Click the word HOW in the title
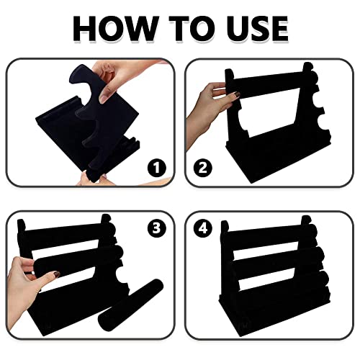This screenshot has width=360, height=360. coord(116,29)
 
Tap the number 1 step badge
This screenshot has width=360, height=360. coord(156,168)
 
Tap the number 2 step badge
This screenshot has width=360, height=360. coord(203,168)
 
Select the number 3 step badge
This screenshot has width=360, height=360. coord(156,228)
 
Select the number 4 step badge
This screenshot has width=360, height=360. coord(203,228)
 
